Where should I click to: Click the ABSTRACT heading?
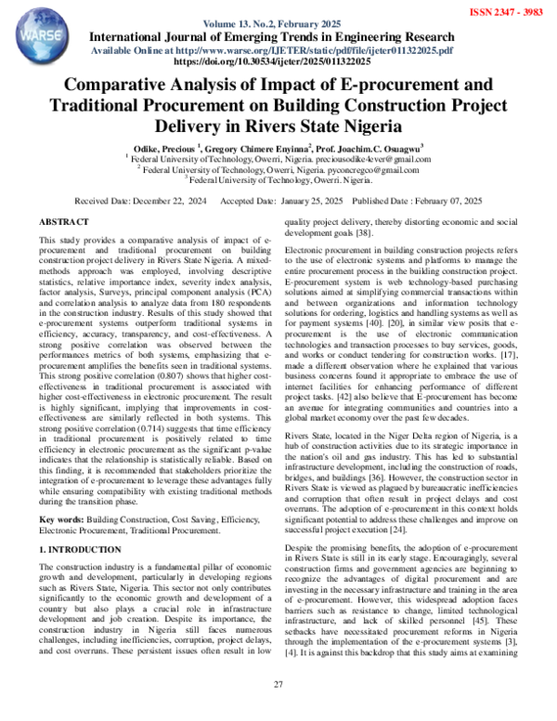[x=65, y=224]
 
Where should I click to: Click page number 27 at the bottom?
[x=278, y=711]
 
